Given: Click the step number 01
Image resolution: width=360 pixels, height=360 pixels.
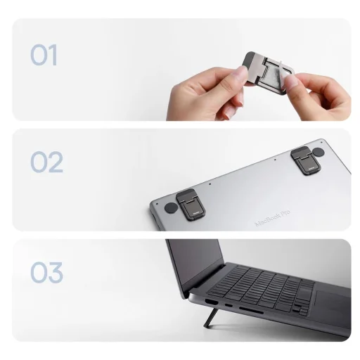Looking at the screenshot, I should [44, 55].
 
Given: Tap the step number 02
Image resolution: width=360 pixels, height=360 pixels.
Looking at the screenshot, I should [46, 162].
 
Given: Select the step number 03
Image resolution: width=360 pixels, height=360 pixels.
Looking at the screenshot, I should [46, 272].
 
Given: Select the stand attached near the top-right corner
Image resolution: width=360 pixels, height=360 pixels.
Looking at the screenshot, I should [302, 160].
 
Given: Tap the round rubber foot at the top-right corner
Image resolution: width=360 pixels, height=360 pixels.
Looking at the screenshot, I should [319, 152].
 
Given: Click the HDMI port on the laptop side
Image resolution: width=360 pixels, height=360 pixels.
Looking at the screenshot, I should [210, 303].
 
